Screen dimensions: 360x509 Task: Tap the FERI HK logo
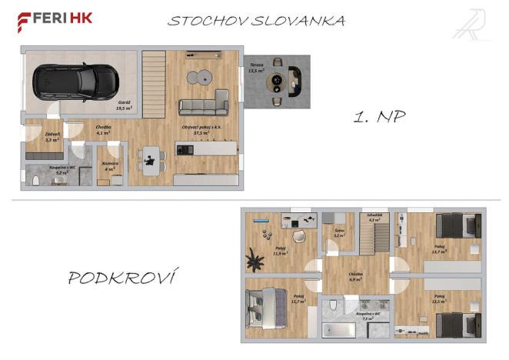55,18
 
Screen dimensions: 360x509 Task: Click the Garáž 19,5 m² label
124,106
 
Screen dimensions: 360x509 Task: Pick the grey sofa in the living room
204,105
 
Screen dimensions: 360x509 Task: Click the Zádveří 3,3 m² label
53,137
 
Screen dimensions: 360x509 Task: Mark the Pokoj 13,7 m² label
440,249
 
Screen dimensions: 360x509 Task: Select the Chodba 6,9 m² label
355,276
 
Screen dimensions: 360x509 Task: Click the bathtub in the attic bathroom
339,329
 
